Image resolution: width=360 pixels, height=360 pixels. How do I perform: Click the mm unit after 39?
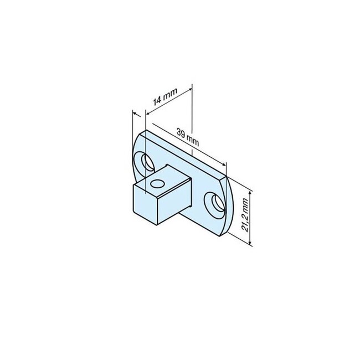tap(193, 142)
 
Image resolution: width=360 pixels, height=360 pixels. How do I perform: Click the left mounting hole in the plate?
tap(148, 162)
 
